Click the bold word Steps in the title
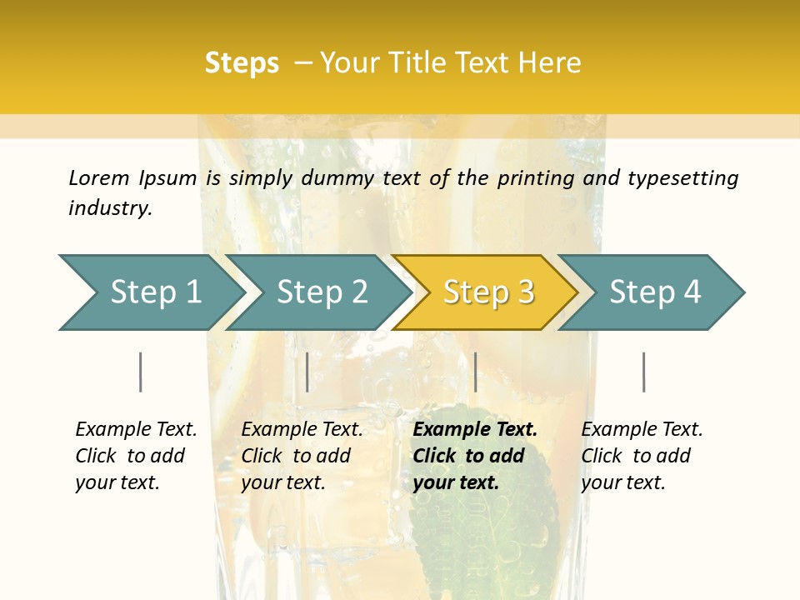tap(242, 63)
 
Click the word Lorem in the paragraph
tap(98, 177)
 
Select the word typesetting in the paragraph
tap(682, 177)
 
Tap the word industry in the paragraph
tap(110, 208)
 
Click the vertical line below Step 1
tap(141, 372)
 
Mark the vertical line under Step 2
tap(307, 372)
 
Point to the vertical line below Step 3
tap(475, 372)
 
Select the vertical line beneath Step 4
tap(643, 372)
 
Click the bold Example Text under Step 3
tap(475, 430)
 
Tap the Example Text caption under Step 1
tap(136, 430)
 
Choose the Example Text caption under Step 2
tap(302, 430)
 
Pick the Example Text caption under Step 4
tap(642, 430)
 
